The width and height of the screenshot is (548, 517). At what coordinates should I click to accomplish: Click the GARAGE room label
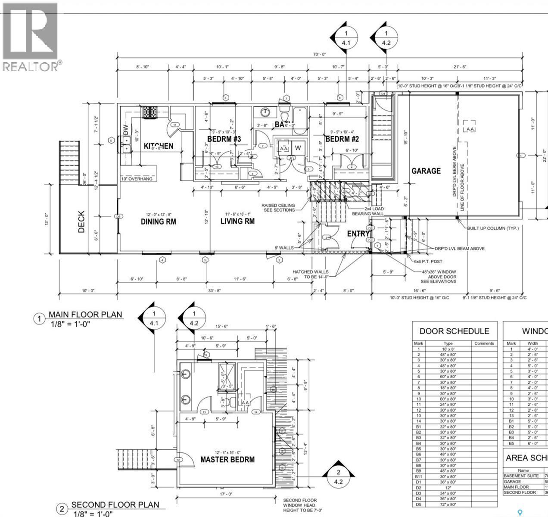pyautogui.click(x=426, y=171)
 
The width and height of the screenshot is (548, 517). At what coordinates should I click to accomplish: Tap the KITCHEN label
pyautogui.click(x=158, y=146)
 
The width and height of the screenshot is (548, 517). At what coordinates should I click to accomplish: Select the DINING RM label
pyautogui.click(x=158, y=221)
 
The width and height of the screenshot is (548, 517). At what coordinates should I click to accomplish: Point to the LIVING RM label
pyautogui.click(x=237, y=221)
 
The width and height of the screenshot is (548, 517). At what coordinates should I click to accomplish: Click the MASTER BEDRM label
pyautogui.click(x=227, y=459)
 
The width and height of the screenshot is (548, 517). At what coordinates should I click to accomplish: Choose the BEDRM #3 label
pyautogui.click(x=224, y=139)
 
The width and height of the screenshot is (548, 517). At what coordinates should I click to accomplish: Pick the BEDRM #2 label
pyautogui.click(x=342, y=139)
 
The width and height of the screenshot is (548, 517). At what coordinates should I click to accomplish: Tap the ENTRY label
pyautogui.click(x=358, y=234)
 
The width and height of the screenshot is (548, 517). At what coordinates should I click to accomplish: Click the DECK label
pyautogui.click(x=81, y=221)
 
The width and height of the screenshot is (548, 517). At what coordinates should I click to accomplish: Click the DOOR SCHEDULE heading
pyautogui.click(x=454, y=331)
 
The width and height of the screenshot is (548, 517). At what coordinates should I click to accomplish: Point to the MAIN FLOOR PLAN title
pyautogui.click(x=85, y=315)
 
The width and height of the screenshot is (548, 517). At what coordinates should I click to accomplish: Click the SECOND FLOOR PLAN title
pyautogui.click(x=115, y=505)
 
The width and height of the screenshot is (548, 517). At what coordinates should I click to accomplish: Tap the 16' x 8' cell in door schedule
pyautogui.click(x=448, y=349)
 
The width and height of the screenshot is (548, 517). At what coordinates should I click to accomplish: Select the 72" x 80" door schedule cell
pyautogui.click(x=448, y=504)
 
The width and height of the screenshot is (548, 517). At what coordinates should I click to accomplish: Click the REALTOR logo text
pyautogui.click(x=31, y=66)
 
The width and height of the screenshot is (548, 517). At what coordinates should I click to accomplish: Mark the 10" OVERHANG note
pyautogui.click(x=137, y=179)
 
